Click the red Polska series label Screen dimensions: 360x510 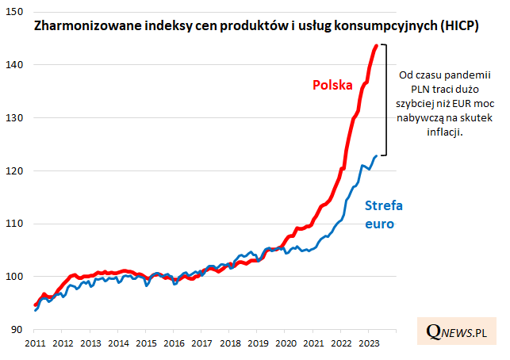pyautogui.click(x=332, y=85)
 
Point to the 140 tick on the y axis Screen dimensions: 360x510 pyautogui.click(x=16, y=64)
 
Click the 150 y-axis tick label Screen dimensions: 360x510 pyautogui.click(x=16, y=11)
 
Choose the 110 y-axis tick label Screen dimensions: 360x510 pyautogui.click(x=16, y=224)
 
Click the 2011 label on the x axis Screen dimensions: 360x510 pyautogui.click(x=35, y=343)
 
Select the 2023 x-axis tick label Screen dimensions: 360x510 pyautogui.click(x=368, y=343)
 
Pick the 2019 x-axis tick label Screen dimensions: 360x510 pyautogui.click(x=257, y=343)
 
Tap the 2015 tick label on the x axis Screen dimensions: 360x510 pyautogui.click(x=146, y=343)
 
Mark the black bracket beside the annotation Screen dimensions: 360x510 pyautogui.click(x=385, y=99)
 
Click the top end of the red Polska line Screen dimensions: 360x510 pyautogui.click(x=377, y=46)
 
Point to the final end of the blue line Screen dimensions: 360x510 pyautogui.click(x=376, y=156)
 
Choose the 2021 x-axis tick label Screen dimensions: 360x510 pyautogui.click(x=313, y=343)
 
